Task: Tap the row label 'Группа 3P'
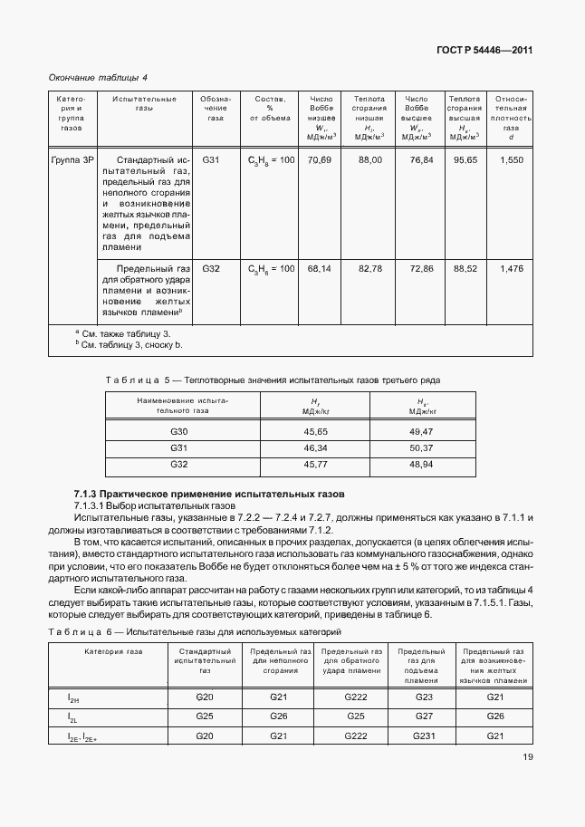72,160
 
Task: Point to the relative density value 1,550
512,160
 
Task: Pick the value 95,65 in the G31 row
465,160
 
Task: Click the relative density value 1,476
512,269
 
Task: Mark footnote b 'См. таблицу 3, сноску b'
129,345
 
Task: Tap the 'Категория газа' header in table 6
114,651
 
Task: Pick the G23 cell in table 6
422,697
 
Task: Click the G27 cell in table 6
422,716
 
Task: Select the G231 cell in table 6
422,736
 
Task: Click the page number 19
526,784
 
